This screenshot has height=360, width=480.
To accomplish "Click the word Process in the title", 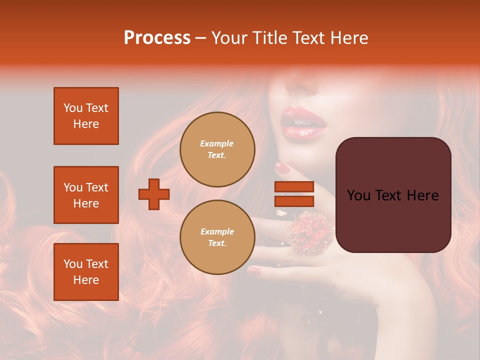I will pos(157,38).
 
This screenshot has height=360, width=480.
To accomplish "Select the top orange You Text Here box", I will pos(86,116).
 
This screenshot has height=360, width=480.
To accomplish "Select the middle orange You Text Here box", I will pos(86,195).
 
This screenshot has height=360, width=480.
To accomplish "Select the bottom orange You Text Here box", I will pos(86,272).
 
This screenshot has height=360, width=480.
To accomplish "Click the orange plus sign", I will pos(154,194).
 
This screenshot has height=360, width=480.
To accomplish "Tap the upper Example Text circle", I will pos(217,149).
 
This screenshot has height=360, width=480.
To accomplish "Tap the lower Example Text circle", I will pos(217,237).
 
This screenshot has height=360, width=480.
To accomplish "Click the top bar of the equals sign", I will pos(294,186).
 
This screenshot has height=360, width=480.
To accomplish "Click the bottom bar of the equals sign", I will pos(294,201).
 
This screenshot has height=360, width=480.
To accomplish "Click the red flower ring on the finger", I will pos(310,233).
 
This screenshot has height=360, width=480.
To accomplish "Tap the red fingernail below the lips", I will pos(283,167).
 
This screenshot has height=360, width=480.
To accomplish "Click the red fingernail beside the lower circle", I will pos(254,271).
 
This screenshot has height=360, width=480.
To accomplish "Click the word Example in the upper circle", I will pos(217,143).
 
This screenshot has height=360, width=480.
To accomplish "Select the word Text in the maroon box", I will pos(393,195).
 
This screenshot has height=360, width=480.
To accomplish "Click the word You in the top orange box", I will pos(72,108).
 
